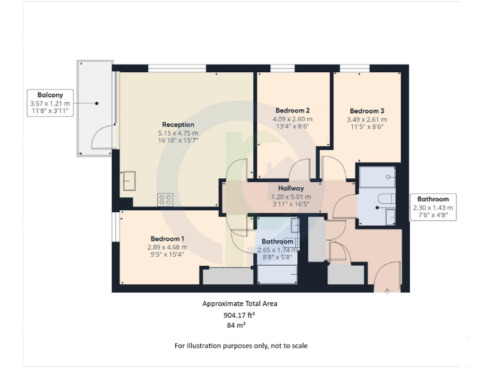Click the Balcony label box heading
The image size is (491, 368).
[49, 95]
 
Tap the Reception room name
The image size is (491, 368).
[178, 125]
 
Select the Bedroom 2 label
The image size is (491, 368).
[293, 110]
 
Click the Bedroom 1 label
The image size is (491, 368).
[166, 238]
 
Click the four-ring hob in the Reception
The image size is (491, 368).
[165, 199]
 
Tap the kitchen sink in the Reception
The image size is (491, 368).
[130, 181]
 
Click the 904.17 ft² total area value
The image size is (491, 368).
[240, 315]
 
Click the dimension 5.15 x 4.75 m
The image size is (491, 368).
[178, 133]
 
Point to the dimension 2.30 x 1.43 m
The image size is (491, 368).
[433, 208]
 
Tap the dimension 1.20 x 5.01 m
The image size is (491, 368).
[290, 197]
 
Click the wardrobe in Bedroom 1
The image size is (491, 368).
[228, 276]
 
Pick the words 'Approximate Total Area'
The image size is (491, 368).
[240, 304]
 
